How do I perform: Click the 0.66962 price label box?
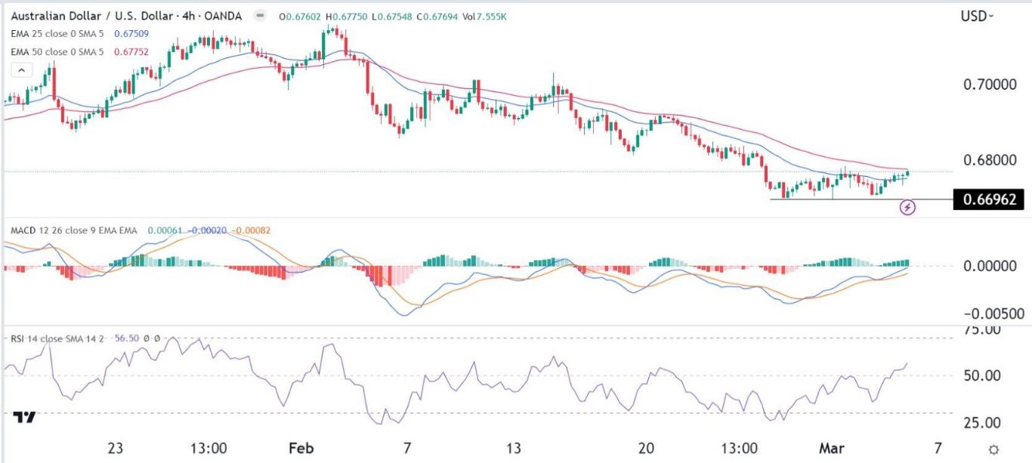pyautogui.click(x=989, y=199)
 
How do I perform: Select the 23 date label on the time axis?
pyautogui.click(x=115, y=448)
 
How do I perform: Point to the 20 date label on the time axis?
pyautogui.click(x=645, y=448)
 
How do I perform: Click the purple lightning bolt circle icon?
pyautogui.click(x=909, y=205)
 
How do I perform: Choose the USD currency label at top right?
pyautogui.click(x=975, y=16)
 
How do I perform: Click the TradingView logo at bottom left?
pyautogui.click(x=25, y=418)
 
